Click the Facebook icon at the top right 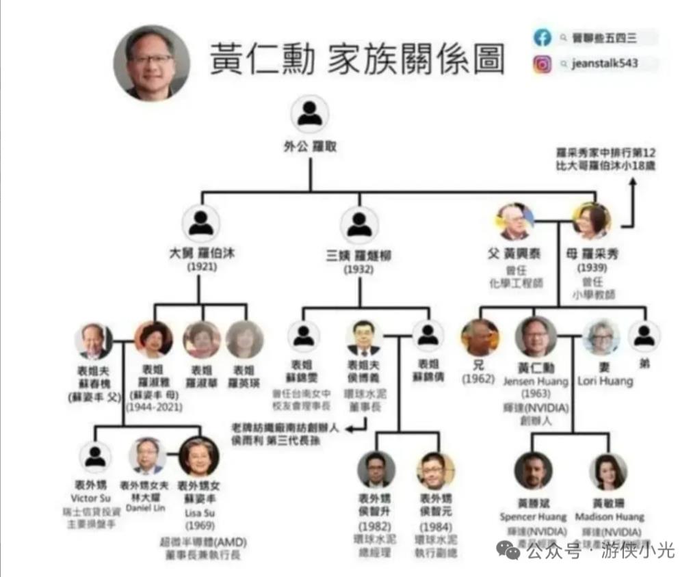tap(542, 37)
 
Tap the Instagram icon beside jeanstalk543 tap(542, 64)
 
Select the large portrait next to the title tap(151, 62)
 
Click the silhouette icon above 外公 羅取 tap(309, 114)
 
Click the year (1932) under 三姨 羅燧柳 tap(359, 269)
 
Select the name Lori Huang tap(605, 381)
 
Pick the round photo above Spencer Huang tap(533, 471)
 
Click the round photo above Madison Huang tap(608, 471)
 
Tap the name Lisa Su tap(198, 513)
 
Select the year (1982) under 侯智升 tap(375, 526)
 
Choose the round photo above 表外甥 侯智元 tap(435, 470)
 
